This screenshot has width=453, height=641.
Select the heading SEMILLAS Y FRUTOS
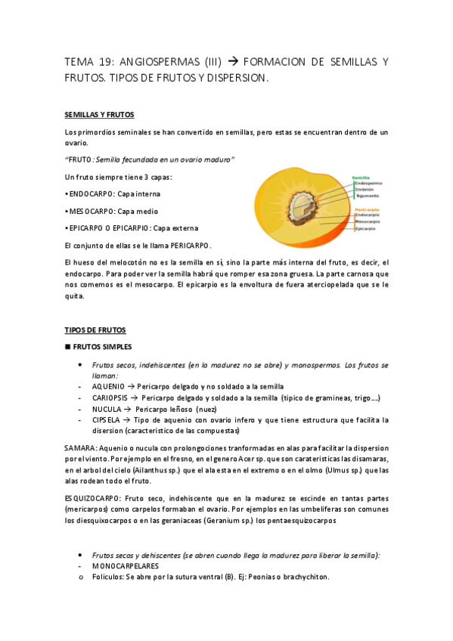coord(99,115)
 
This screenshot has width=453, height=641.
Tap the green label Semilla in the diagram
coord(361,178)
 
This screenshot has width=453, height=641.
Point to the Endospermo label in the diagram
coord(368,184)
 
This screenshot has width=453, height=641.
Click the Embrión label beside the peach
coord(365,190)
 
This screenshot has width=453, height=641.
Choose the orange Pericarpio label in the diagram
coord(366,209)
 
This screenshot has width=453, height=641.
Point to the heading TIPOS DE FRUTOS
coord(95,331)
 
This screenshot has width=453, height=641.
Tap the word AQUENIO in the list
coord(108,386)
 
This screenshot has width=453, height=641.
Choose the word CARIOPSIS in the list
coord(111,398)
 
